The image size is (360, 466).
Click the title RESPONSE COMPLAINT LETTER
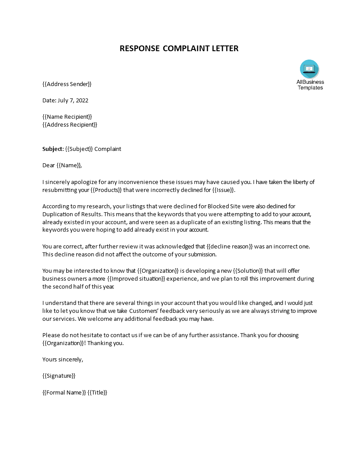click(x=179, y=49)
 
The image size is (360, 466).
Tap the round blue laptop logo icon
click(x=309, y=69)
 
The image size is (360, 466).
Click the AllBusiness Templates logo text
click(x=310, y=85)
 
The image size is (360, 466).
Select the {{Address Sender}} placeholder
click(x=67, y=84)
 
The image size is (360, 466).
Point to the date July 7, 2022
click(x=72, y=100)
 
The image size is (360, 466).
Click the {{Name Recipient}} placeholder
click(x=67, y=116)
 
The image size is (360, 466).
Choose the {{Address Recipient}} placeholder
click(x=70, y=124)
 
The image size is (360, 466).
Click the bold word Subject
click(x=52, y=149)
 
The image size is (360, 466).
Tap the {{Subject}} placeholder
click(x=79, y=149)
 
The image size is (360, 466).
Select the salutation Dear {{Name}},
click(x=62, y=165)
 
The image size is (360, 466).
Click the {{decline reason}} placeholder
click(x=232, y=246)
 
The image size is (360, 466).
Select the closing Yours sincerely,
click(x=63, y=359)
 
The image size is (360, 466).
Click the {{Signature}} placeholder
click(x=59, y=376)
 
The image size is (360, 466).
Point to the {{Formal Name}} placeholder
click(x=64, y=392)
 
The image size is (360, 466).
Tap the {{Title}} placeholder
click(x=97, y=392)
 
